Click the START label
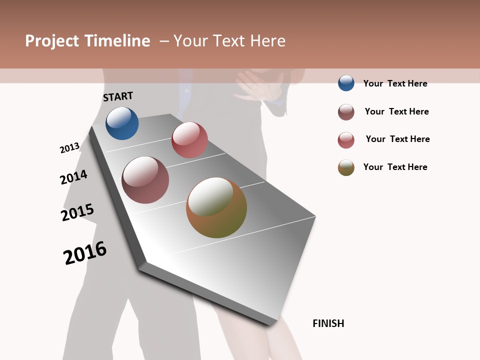coord(118,96)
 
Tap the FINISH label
coord(328,323)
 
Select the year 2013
coord(69,148)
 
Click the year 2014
coord(73,177)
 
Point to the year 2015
coord(77,212)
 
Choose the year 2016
coord(85,253)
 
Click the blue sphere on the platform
coord(122,123)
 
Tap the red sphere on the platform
coord(189,140)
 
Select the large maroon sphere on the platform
coord(145,180)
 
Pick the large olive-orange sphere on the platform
coord(216,207)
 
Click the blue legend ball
coord(346,83)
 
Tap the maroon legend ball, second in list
coord(346,112)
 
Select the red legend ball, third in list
coord(346,140)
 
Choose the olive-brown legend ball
coord(346,167)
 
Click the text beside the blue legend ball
coord(395,83)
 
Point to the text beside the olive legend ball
coord(395,167)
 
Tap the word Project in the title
coord(52,41)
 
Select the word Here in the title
coord(268,41)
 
